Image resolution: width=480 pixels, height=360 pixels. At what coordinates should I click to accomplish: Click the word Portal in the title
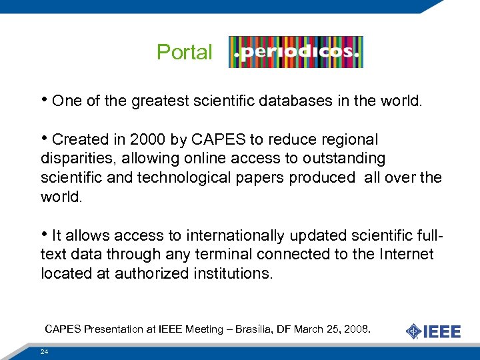tap(184, 52)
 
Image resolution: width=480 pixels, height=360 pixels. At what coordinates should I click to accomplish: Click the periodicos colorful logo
tap(295, 52)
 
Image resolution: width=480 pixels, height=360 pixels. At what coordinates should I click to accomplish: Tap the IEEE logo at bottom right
tap(433, 331)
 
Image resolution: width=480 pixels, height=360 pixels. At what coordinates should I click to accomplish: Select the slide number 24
tap(45, 351)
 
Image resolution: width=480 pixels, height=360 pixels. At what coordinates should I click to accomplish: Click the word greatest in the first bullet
tap(159, 101)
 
